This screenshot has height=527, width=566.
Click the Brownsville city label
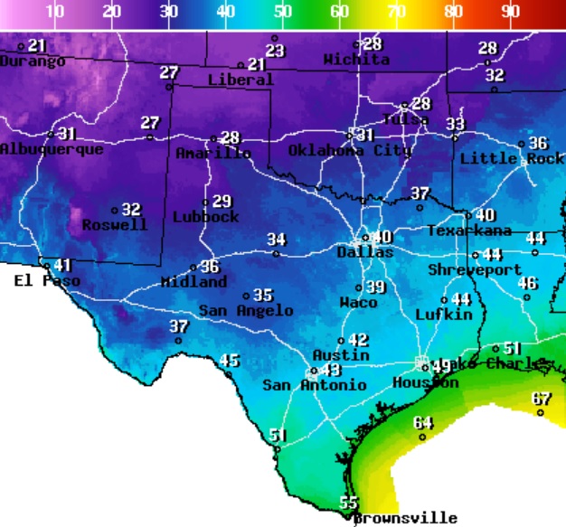tap(404, 518)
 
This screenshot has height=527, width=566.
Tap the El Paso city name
tap(47, 281)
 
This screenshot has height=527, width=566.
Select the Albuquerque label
tap(52, 149)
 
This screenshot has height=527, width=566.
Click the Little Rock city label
tap(512, 159)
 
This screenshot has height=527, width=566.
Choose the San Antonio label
tap(315, 385)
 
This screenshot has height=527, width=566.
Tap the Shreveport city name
tap(475, 270)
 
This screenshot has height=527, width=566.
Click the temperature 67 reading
tap(541, 399)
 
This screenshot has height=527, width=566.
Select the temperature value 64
tap(423, 422)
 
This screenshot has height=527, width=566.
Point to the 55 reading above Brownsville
tap(348, 503)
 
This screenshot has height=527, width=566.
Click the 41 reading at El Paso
tap(61, 265)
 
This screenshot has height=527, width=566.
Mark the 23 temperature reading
tap(275, 51)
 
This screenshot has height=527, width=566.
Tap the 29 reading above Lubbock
tap(222, 201)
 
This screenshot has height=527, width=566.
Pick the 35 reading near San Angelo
tap(262, 295)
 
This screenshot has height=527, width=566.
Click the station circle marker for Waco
tap(358, 287)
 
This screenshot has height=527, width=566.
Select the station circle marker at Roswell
tap(115, 211)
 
